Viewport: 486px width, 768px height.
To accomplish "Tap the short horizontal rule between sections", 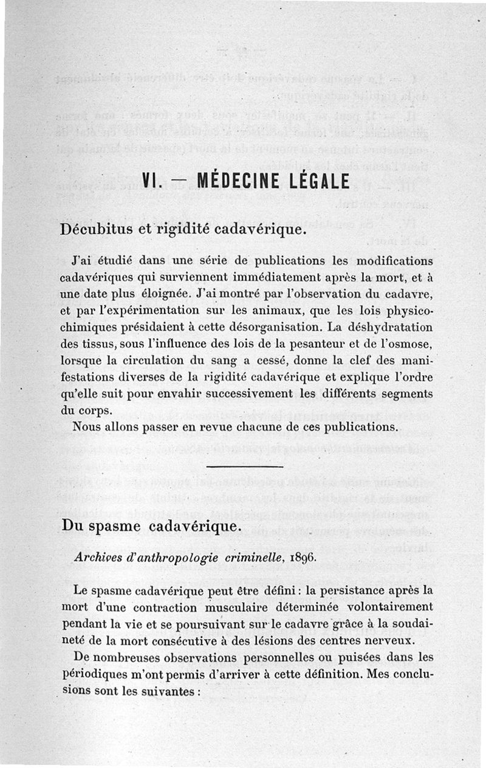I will (245, 466).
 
